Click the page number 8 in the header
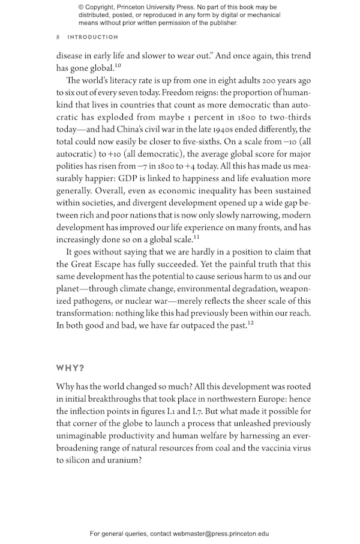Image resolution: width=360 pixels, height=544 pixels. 58,37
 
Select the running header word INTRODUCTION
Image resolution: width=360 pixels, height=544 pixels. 93,37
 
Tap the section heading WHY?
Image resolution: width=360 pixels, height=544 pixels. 71,368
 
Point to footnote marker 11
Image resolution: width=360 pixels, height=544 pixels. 196,238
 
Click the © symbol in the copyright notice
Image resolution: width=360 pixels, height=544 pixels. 80,7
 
